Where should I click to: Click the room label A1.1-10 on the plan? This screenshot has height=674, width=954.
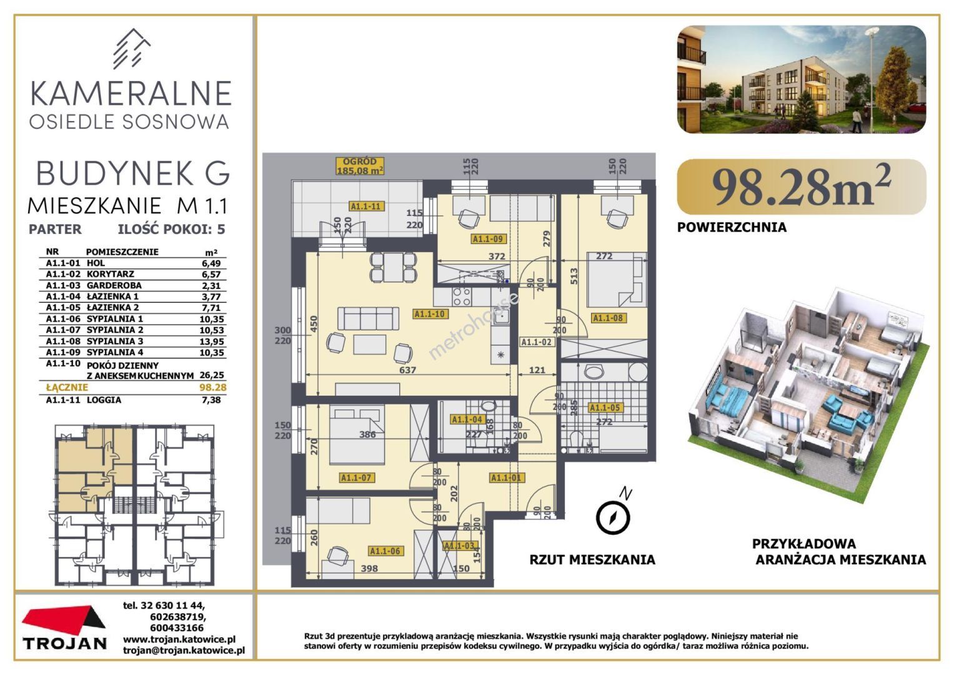coord(429,314)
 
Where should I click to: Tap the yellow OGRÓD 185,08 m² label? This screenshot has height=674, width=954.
coord(360,166)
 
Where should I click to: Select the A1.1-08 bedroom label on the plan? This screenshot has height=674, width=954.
coord(608,318)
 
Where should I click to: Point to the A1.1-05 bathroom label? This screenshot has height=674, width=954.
coord(604,408)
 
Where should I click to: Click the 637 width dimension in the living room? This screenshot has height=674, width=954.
coord(407,370)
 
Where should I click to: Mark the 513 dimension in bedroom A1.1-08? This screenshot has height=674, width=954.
coord(574,276)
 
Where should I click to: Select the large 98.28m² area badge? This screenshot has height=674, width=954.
coord(801,187)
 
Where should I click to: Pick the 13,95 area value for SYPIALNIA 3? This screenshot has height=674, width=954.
coord(213,341)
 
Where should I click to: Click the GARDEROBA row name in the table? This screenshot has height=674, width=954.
coord(114,286)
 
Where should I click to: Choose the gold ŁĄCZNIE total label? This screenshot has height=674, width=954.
coord(67,387)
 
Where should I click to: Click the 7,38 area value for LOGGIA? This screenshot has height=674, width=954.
coord(212,399)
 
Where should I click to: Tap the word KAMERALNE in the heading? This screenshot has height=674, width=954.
coord(131,94)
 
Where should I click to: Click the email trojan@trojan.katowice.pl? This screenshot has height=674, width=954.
coord(184,650)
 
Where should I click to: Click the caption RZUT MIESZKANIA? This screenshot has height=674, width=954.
coord(592,560)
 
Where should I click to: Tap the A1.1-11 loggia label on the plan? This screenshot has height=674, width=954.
coord(365,207)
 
